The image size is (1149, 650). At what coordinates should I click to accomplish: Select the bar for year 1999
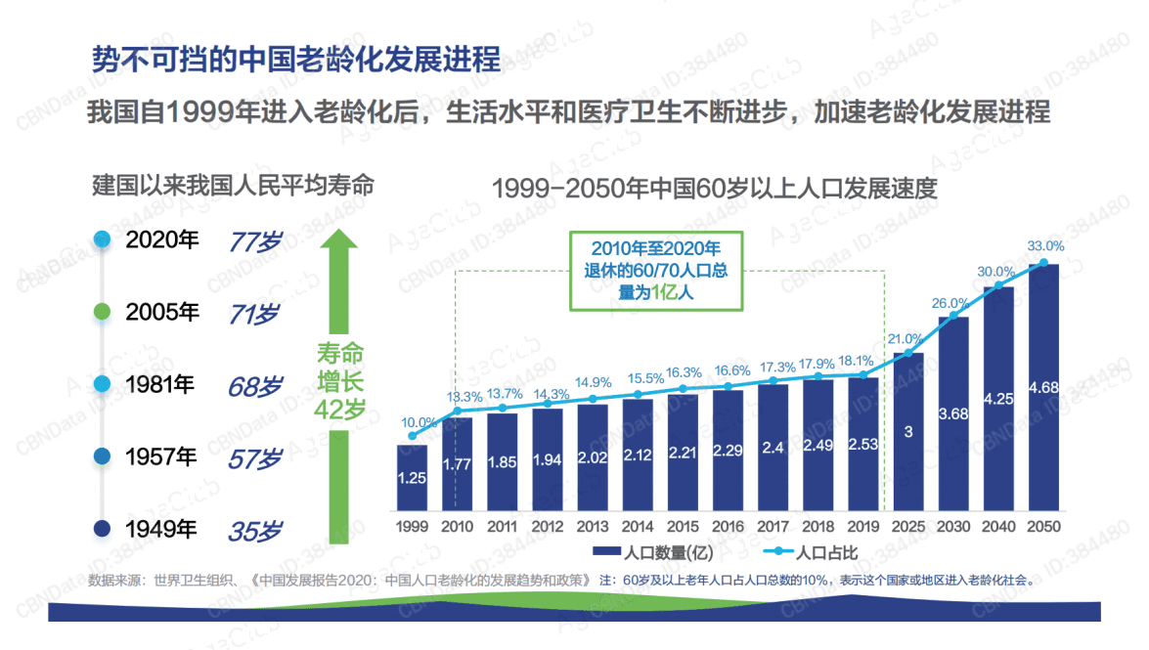tap(412, 478)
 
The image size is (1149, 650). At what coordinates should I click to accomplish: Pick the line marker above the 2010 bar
tap(457, 412)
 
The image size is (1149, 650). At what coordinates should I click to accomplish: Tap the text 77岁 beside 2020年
tap(254, 240)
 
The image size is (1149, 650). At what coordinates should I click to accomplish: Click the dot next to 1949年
tap(102, 531)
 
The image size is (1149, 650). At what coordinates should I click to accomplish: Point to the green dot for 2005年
tap(102, 313)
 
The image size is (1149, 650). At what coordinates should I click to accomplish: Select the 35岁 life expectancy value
tap(254, 531)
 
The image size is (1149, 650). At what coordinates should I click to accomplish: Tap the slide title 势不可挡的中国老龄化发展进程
tap(295, 58)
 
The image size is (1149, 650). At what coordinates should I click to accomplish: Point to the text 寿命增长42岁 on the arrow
tap(338, 381)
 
